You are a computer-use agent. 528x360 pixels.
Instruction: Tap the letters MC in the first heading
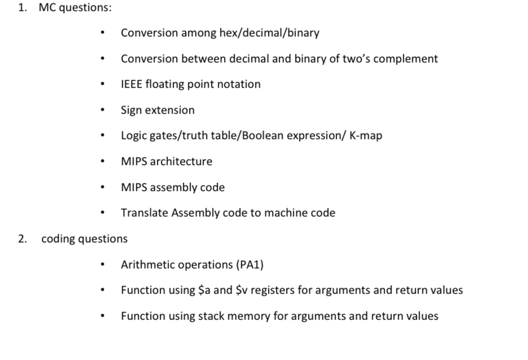pyautogui.click(x=46, y=8)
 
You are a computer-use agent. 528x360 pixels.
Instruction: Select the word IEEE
pyautogui.click(x=131, y=85)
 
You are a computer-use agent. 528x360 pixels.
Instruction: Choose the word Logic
pyautogui.click(x=134, y=136)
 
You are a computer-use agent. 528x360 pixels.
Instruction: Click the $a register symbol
pyautogui.click(x=205, y=291)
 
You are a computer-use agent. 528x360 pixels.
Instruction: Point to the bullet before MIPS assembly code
pyautogui.click(x=102, y=188)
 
